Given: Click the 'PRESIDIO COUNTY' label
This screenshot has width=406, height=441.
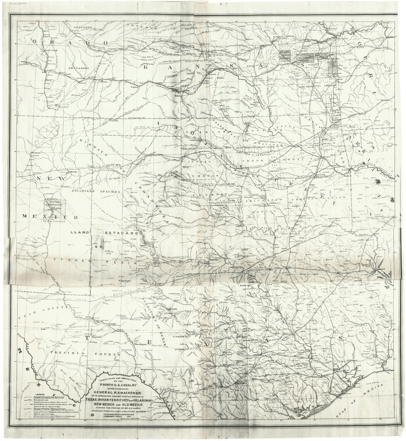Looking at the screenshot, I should (x=70, y=352).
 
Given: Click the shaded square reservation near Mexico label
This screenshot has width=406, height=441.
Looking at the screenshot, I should (x=53, y=204).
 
